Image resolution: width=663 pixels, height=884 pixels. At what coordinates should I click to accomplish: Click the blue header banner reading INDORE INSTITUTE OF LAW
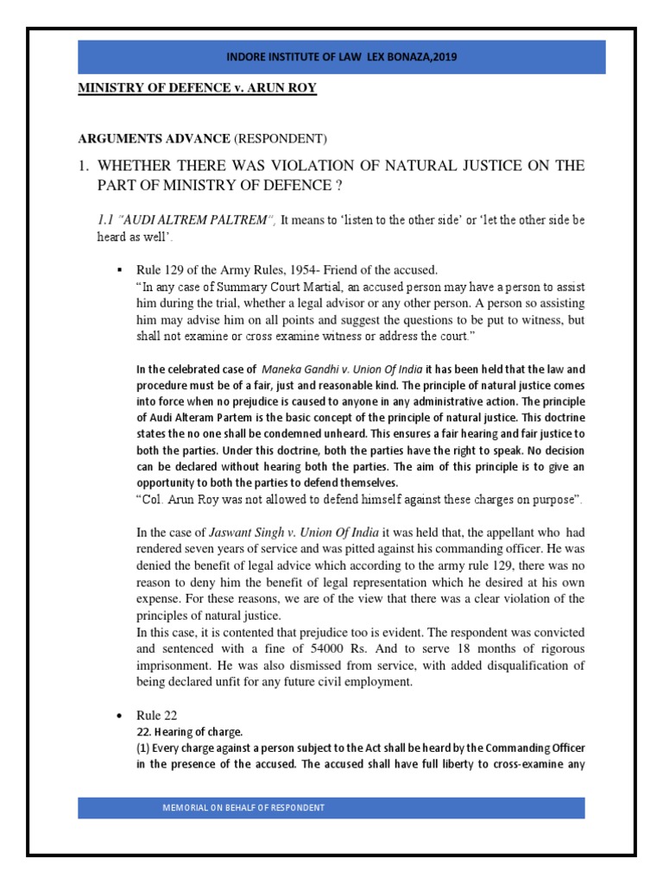[x=331, y=57]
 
